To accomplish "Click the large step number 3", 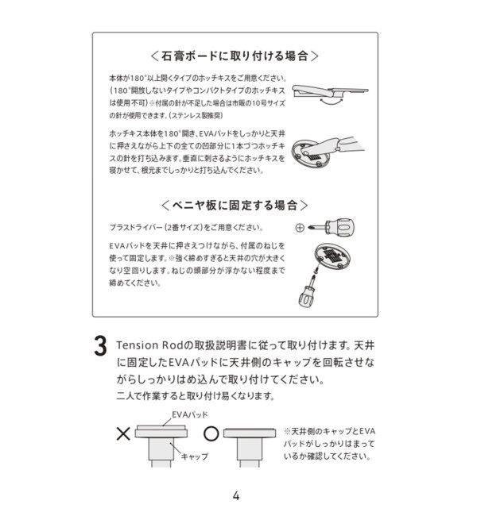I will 100,347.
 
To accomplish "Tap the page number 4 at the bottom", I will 236,495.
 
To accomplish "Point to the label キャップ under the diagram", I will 194,457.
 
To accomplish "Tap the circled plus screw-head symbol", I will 299,228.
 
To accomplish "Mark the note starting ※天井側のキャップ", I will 328,443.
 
